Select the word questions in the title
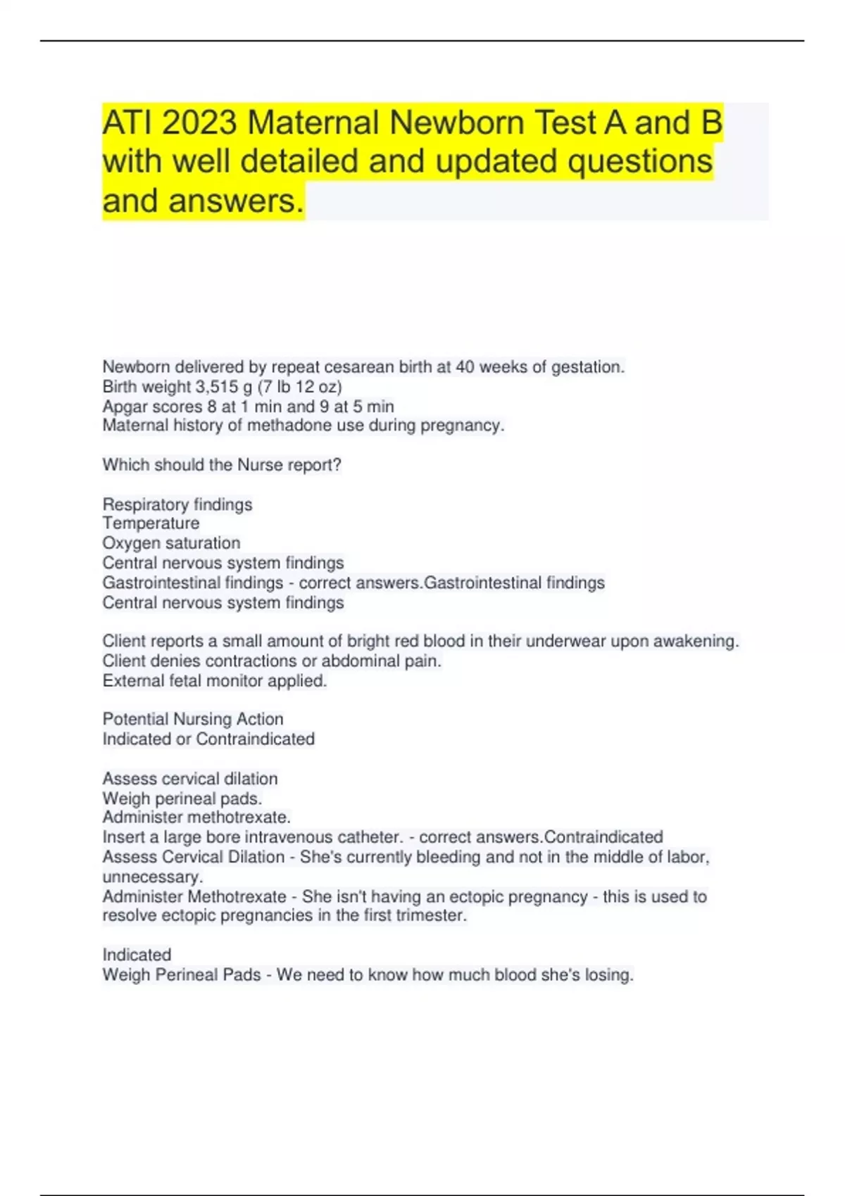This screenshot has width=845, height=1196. click(x=640, y=162)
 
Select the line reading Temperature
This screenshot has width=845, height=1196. click(x=151, y=523)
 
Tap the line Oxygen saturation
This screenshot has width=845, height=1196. click(x=171, y=543)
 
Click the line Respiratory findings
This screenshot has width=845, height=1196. click(x=177, y=504)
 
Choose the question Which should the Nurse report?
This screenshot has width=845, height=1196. click(x=222, y=465)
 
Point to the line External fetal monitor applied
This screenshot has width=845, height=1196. click(x=215, y=681)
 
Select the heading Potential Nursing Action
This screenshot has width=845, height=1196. click(x=193, y=719)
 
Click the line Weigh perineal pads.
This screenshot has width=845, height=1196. click(x=182, y=799)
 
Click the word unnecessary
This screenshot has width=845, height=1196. click(x=153, y=877)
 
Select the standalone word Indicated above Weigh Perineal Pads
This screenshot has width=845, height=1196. click(x=137, y=955)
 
